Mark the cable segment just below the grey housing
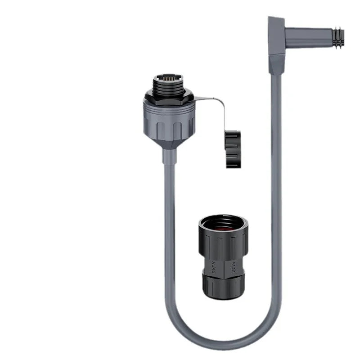(169, 180)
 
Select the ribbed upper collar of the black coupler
(223, 243)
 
